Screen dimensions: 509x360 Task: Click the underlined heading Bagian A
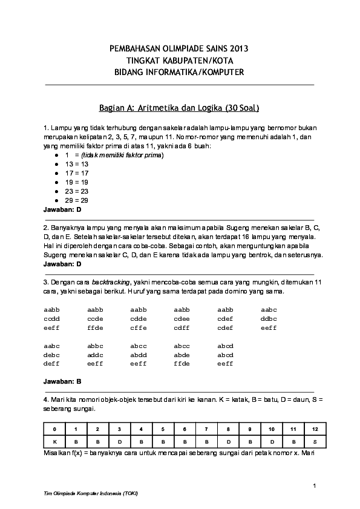[x=180, y=109]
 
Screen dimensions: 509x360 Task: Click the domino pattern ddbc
[x=269, y=319]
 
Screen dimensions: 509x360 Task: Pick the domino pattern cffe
[x=139, y=328]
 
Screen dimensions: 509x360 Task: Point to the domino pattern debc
[x=51, y=355]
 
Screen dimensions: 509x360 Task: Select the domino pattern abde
[x=182, y=355]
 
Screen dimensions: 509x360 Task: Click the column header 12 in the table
[x=315, y=430]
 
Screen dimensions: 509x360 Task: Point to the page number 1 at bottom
[x=315, y=486]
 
